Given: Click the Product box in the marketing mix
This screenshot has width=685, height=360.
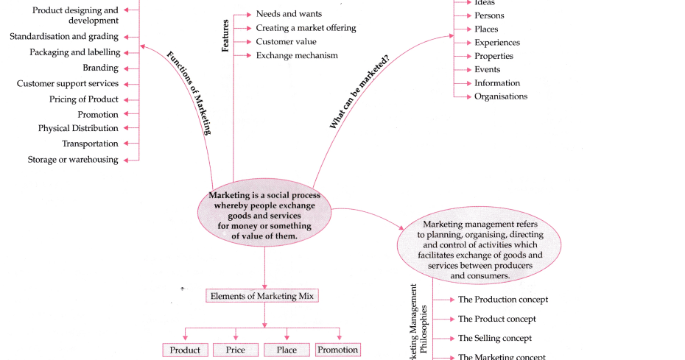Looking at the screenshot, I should click(x=185, y=350).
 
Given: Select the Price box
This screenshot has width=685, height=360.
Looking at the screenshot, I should click(x=236, y=350).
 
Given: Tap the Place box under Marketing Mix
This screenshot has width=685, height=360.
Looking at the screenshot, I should click(x=287, y=350).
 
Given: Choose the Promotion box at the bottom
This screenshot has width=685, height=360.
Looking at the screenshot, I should click(x=338, y=350).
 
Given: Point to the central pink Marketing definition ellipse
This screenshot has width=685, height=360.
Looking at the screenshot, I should click(x=264, y=216).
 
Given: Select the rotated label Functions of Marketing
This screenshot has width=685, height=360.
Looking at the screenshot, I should click(x=189, y=92).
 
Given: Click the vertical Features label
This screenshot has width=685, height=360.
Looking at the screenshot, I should click(x=225, y=35).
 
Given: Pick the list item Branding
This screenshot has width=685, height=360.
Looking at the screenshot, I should click(x=100, y=68).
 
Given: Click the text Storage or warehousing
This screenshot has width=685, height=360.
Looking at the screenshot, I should click(x=73, y=160).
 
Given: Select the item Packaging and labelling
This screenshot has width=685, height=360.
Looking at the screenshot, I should click(x=74, y=52).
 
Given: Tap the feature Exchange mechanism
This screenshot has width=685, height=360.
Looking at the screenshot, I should click(x=297, y=55).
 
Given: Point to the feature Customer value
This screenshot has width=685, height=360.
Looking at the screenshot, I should click(x=286, y=42).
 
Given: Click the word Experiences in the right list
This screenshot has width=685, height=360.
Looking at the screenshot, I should click(x=496, y=43).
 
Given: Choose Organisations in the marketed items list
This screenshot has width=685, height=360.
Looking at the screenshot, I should click(x=501, y=96).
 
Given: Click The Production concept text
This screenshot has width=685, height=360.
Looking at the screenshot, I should click(x=503, y=300).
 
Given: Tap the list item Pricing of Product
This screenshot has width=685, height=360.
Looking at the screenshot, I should click(x=84, y=99).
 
